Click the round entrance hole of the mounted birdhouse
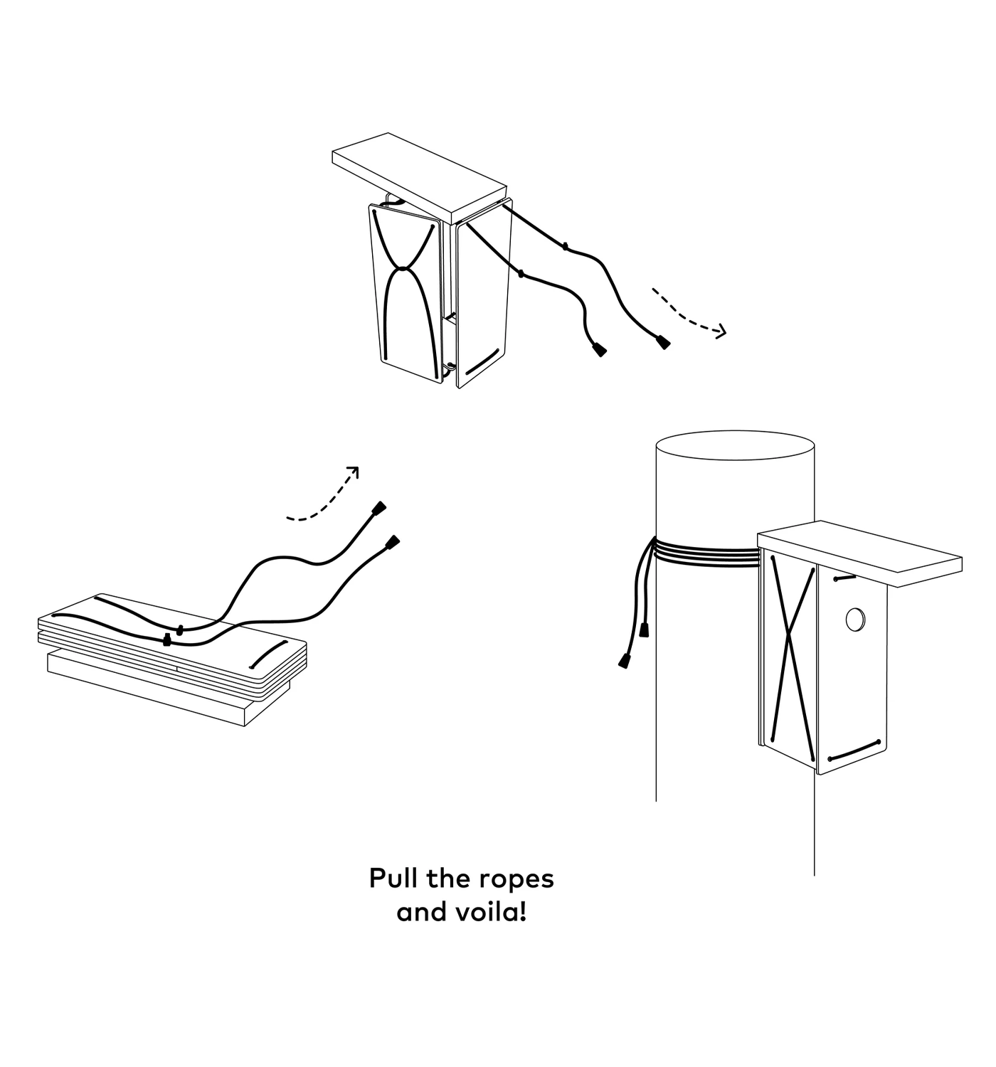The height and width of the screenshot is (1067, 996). coord(854,619)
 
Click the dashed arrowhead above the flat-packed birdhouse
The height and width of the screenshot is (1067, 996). coord(353,472)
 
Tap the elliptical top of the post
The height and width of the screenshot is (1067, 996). coord(735,445)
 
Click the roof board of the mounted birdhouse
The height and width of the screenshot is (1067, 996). coord(860,553)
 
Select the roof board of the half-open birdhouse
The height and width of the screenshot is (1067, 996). coord(419,177)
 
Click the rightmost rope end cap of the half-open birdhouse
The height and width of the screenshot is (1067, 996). coord(663,341)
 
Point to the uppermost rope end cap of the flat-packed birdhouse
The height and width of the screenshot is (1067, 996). coord(379,508)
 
